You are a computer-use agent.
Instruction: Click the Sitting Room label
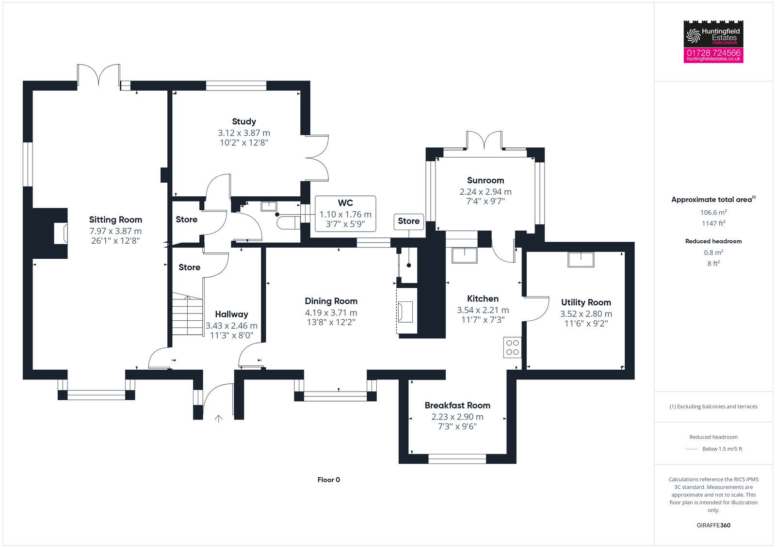115,220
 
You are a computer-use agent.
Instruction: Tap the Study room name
243,122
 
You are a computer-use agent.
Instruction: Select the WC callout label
345,203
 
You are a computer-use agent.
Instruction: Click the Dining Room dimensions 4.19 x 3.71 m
331,313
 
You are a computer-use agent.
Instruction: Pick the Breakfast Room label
457,406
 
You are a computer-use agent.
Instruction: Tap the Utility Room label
586,302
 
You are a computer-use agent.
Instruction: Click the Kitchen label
483,299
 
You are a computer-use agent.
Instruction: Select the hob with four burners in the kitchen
513,347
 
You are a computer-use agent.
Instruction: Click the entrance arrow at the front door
219,419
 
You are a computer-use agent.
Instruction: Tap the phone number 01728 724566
713,53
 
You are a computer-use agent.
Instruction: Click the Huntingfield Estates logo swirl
694,35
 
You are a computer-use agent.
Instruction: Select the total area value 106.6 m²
713,212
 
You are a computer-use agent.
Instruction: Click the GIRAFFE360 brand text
713,525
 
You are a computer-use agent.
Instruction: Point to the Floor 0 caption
329,480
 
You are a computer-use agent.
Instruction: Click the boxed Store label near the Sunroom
408,221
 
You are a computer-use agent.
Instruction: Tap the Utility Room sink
581,260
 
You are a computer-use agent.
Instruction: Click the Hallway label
231,314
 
